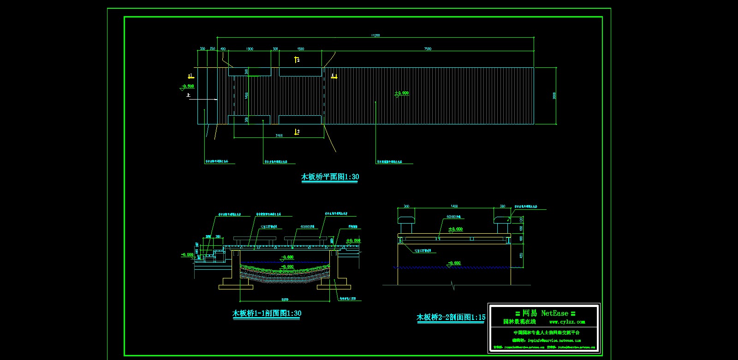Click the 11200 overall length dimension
point(375,35)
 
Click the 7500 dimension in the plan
point(428,49)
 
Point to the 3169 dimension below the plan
point(279,136)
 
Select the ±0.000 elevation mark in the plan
point(401,93)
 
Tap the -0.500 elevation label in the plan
point(188,86)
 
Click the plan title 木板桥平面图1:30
point(330,177)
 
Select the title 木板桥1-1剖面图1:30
point(267,313)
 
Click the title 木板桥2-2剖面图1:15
point(451,317)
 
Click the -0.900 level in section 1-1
point(287,266)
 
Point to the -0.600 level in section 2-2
point(454,263)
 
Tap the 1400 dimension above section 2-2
point(454,207)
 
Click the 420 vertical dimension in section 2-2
point(521,255)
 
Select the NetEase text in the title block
point(554,313)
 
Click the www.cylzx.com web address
point(567,322)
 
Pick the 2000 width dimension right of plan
point(554,96)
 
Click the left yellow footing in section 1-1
point(236,287)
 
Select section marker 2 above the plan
point(298,60)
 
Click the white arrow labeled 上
point(203,99)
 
